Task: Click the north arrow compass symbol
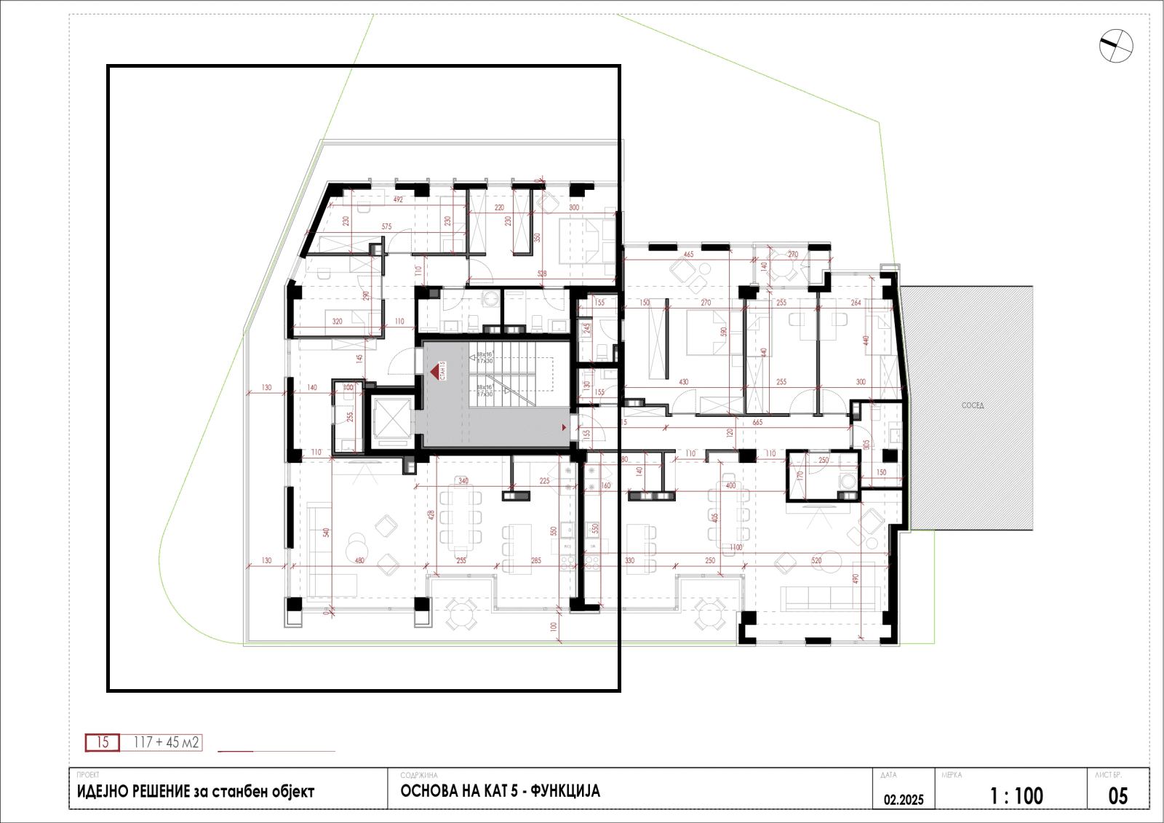[x=1115, y=46]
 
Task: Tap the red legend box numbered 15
[x=103, y=742]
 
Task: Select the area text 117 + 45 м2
[x=166, y=742]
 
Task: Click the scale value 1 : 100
[x=1016, y=796]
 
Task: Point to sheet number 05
[x=1117, y=796]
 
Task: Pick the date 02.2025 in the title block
[x=904, y=799]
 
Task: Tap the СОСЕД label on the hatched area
[x=972, y=405]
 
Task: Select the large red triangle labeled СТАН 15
[x=435, y=372]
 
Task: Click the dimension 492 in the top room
[x=398, y=199]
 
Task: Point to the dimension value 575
[x=386, y=227]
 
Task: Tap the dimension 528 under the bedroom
[x=542, y=274]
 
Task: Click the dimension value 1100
[x=736, y=547]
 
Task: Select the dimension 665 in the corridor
[x=757, y=422]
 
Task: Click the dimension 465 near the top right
[x=688, y=255]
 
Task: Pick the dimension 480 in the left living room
[x=359, y=560]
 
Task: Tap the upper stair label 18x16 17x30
[x=485, y=357]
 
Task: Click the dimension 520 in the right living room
[x=816, y=560]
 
